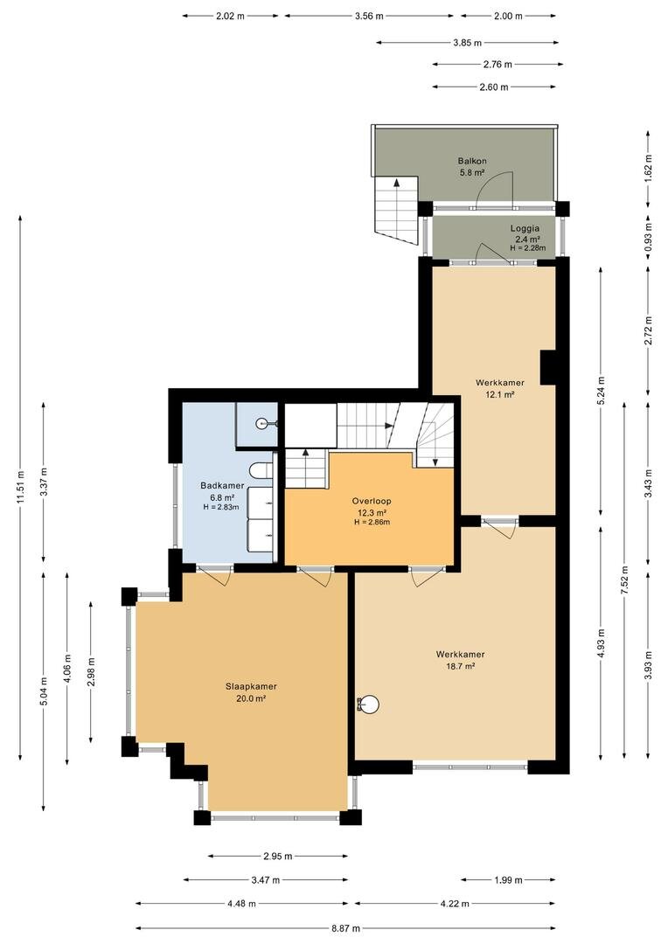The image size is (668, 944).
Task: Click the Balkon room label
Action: coord(471,161)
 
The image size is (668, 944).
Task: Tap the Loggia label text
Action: coord(525,228)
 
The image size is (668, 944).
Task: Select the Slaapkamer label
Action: coord(251,686)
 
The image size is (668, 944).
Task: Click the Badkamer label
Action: coord(222,486)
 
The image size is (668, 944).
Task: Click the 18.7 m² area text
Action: coord(460,666)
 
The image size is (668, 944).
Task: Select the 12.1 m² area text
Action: coord(500,395)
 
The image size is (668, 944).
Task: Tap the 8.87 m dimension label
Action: coord(345,928)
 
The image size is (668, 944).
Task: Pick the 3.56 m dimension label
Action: coord(369,17)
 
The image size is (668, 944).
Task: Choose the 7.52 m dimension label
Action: coord(624,580)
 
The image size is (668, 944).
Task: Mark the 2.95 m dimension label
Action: coord(278,856)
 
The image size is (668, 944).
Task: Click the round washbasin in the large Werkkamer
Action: coord(368,703)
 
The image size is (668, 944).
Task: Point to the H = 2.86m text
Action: coord(372,522)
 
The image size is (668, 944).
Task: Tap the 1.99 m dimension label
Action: coord(508,880)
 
